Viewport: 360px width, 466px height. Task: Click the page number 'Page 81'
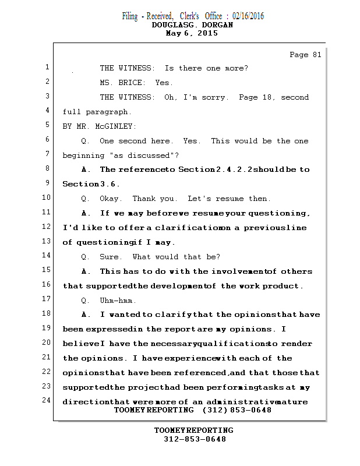click(x=305, y=55)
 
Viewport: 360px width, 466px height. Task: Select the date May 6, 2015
click(x=192, y=33)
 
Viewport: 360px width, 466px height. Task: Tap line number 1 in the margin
click(x=47, y=68)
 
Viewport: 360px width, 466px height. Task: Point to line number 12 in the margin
click(x=47, y=227)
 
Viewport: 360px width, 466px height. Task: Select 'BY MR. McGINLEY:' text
click(x=100, y=126)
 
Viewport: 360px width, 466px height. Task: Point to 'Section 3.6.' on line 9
click(x=91, y=184)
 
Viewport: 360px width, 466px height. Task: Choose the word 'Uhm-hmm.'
click(x=118, y=301)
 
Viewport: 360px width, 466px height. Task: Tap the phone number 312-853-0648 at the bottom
click(x=194, y=439)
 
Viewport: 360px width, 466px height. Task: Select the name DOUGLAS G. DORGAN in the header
click(x=192, y=25)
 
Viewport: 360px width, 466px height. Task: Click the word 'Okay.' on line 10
click(x=111, y=199)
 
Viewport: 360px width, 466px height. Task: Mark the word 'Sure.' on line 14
click(x=111, y=257)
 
